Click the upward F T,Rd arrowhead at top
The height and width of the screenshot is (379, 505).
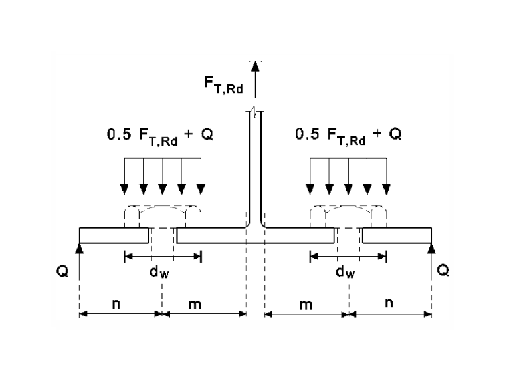pos(255,66)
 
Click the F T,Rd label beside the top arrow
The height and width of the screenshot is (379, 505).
pos(223,84)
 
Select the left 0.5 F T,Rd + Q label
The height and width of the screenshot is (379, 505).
pos(160,137)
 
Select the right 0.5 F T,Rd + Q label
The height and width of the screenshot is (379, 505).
pos(348,137)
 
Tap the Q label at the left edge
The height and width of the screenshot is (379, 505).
pos(62,271)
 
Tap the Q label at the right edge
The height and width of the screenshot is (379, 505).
pos(443,270)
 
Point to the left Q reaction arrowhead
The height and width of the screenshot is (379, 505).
pos(80,248)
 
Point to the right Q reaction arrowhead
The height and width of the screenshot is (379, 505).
pos(431,248)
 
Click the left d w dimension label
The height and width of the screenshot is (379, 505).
pos(159,272)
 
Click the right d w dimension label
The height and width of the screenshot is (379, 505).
pos(346,272)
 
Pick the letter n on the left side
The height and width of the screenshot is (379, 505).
pos(116,304)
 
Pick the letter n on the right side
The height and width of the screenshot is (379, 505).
pos(389,303)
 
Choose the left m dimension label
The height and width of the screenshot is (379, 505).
pos(195,305)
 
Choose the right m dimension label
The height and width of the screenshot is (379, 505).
pos(306,305)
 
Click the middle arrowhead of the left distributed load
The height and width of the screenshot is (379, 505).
pos(163,189)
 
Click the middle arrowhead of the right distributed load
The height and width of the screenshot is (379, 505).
pos(348,189)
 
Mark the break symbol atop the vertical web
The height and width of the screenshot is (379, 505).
pos(255,112)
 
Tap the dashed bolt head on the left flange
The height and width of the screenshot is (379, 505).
pos(163,217)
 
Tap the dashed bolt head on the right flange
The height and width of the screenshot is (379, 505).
pos(348,217)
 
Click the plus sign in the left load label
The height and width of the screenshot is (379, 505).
pos(189,134)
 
